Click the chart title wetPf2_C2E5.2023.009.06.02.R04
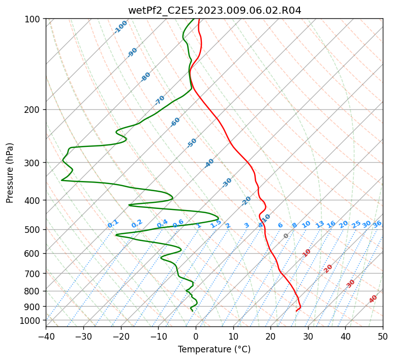pos(215,11)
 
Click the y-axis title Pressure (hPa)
pos(10,173)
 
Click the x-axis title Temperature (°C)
pos(215,349)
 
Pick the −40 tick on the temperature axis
pos(46,336)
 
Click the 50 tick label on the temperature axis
pos(383,336)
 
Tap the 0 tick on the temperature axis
pos(196,336)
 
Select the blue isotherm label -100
pos(120,27)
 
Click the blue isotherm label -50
pos(192,143)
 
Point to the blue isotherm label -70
pos(160,100)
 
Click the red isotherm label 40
pos(373,299)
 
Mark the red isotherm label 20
pos(328,269)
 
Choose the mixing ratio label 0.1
pos(113,224)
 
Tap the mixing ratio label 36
pos(377,224)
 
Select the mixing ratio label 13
pos(320,224)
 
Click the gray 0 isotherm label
pos(286,236)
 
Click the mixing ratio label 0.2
pos(137,224)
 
